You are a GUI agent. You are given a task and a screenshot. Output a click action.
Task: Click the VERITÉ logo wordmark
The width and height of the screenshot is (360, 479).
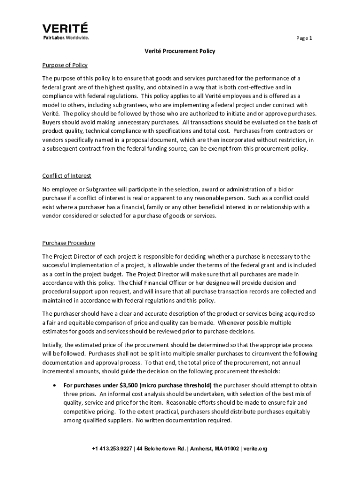pyautogui.click(x=65, y=28)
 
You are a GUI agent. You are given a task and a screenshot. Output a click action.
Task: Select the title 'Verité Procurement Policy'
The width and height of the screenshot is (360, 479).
pyautogui.click(x=180, y=51)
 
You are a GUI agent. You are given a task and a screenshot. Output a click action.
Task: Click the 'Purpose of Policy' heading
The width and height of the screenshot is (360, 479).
pyautogui.click(x=65, y=65)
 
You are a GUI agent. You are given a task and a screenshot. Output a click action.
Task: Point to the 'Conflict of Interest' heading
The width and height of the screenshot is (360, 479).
pyautogui.click(x=67, y=176)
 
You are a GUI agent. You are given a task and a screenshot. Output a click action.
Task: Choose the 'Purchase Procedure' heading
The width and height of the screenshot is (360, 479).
pyautogui.click(x=69, y=243)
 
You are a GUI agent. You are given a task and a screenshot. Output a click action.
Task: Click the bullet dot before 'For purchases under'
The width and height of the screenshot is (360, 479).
pyautogui.click(x=55, y=385)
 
